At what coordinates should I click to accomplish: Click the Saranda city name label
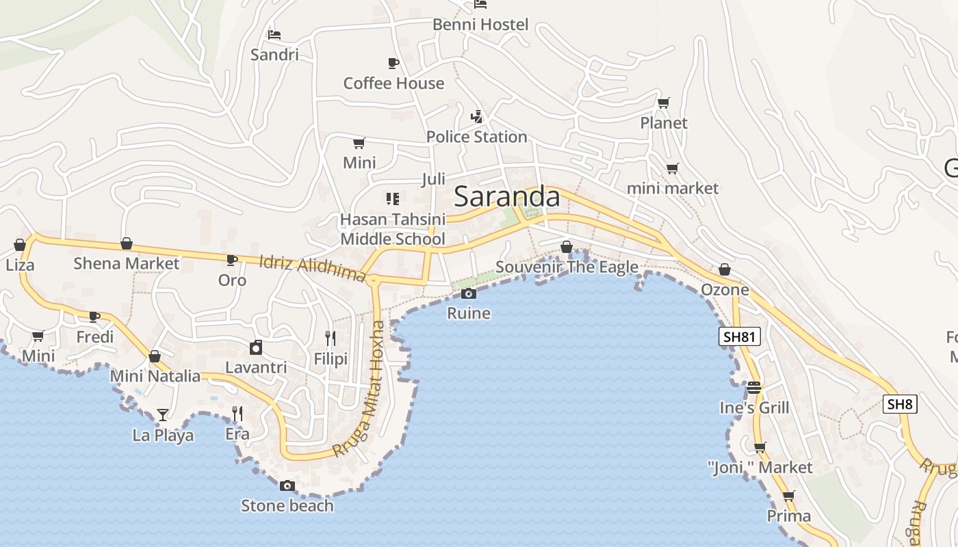(x=507, y=197)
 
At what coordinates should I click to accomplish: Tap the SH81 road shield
(x=740, y=336)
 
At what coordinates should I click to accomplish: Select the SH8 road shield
(x=900, y=404)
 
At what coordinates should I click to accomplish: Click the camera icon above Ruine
(x=469, y=294)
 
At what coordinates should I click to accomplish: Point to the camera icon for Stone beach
(x=287, y=485)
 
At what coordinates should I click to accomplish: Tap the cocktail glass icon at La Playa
(x=162, y=414)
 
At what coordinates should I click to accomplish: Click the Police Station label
(x=476, y=137)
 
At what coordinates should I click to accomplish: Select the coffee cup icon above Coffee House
(x=393, y=64)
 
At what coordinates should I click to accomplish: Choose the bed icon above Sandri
(x=274, y=35)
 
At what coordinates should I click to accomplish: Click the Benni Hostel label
(x=480, y=25)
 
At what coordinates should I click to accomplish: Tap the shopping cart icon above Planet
(x=663, y=103)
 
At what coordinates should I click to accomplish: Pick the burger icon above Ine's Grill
(x=754, y=388)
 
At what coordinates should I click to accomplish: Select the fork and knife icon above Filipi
(x=331, y=338)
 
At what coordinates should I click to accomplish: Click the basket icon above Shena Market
(x=127, y=243)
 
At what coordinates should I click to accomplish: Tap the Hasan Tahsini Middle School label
(x=393, y=229)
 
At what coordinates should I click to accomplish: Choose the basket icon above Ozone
(x=725, y=270)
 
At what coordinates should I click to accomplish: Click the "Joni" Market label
(x=760, y=468)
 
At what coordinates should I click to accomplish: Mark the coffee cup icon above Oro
(x=232, y=260)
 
